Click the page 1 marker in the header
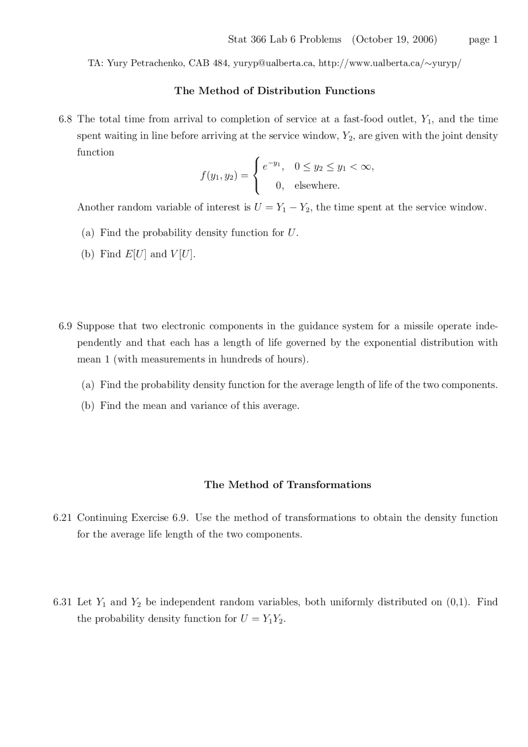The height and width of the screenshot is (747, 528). pos(483,40)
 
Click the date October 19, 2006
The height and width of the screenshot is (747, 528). pos(394,40)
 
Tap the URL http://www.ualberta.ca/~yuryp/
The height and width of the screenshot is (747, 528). pos(390,63)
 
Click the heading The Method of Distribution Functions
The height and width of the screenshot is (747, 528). pos(275,91)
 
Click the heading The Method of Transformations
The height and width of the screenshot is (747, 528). pos(288,485)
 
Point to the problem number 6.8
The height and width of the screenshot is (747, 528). pos(65,119)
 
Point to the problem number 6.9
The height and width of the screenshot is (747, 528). pos(65,326)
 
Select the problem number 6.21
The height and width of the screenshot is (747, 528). pos(63,518)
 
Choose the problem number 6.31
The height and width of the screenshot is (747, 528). pos(63,602)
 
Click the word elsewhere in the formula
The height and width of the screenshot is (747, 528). pos(317,186)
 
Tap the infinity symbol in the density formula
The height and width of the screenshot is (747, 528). pos(365,167)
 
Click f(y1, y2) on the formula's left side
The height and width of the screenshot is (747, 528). pos(219,176)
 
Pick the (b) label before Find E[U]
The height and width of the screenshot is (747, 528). pos(87,254)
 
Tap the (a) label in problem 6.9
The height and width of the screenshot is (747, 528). pos(87,385)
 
